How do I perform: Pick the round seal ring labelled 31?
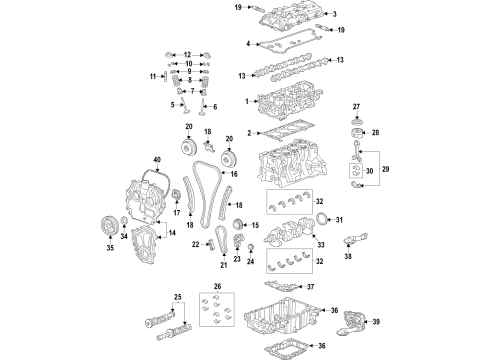[320, 221]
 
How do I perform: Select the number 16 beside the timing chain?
[235, 173]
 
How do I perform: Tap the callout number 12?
[186, 54]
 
